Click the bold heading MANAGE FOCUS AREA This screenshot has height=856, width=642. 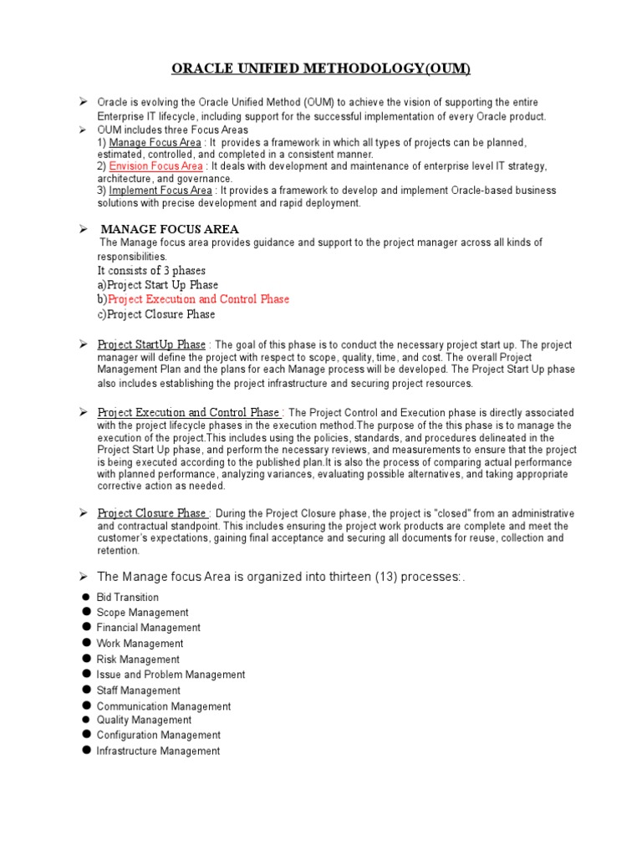coord(170,229)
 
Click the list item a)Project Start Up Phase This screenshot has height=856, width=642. coord(157,285)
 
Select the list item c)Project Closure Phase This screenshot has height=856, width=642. coord(156,314)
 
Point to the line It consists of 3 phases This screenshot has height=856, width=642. coord(151,271)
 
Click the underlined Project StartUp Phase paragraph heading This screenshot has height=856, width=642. coord(151,344)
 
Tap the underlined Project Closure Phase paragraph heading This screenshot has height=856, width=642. coord(151,513)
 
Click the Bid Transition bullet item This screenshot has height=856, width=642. coord(127,598)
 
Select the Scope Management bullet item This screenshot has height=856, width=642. coord(142,613)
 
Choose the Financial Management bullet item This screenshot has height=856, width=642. coord(148,628)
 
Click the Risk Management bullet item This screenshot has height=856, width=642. coord(138,660)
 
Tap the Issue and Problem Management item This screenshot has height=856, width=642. coord(171,675)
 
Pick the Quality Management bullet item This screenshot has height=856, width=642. coord(144,720)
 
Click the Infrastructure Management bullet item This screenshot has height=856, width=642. coord(158,752)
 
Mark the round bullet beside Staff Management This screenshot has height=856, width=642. coord(86,690)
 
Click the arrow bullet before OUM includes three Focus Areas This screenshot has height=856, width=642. coord(84,130)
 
